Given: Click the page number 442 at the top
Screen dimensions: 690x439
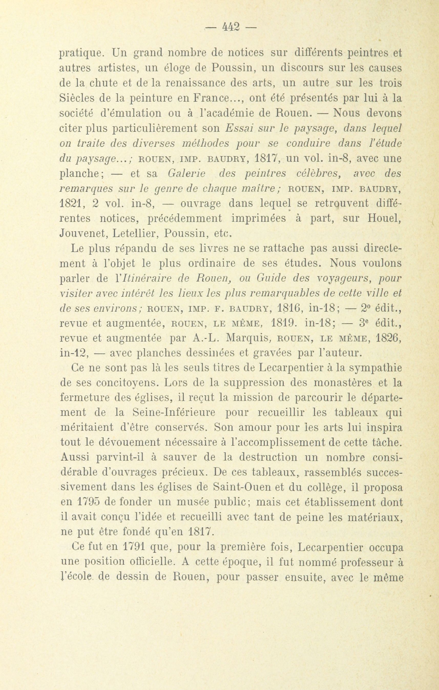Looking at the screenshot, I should [x=231, y=27].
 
